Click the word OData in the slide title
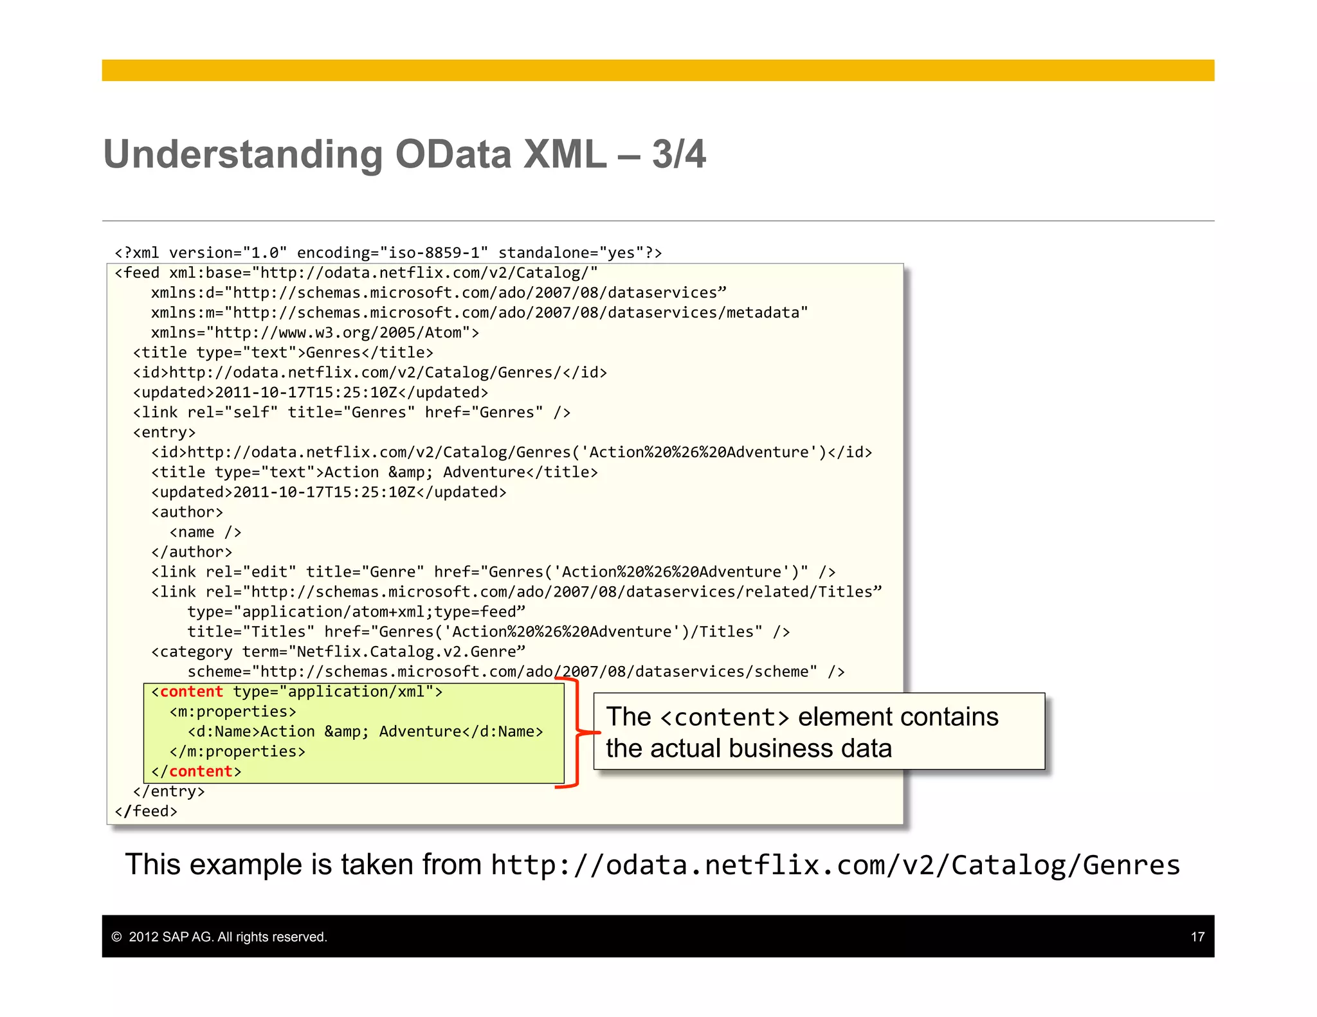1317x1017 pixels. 453,155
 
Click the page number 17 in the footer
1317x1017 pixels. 1197,937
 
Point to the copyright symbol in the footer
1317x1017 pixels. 116,937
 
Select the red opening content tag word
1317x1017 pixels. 191,692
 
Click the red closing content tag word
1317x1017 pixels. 201,771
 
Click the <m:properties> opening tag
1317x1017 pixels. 233,712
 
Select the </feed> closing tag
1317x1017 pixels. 146,811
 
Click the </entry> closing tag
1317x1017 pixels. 168,791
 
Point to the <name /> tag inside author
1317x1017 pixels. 205,532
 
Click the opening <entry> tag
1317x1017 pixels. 164,433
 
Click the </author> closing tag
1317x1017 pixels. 192,552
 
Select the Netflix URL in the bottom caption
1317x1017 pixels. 835,865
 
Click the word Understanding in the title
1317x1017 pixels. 243,155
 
